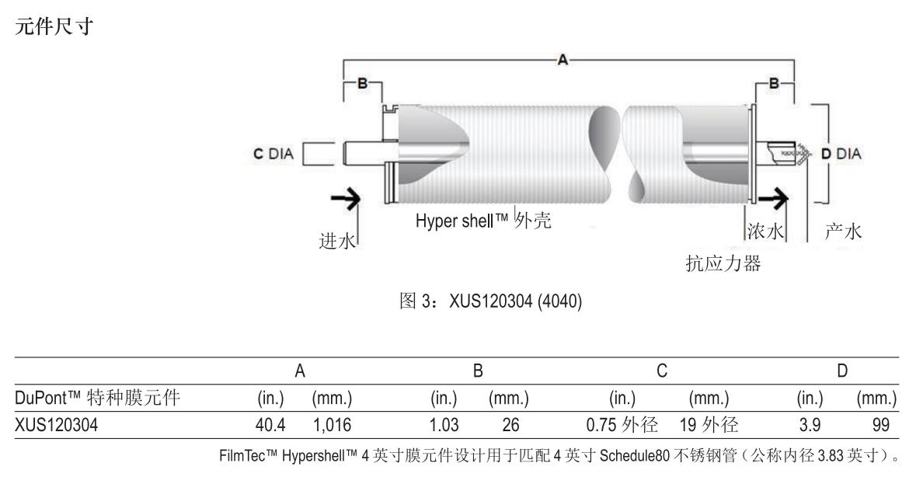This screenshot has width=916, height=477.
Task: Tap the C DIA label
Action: tap(271, 154)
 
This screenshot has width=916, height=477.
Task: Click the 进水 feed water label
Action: tap(336, 241)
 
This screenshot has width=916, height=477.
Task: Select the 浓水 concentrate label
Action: tap(764, 231)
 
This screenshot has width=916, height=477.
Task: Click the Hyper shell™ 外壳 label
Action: tap(482, 221)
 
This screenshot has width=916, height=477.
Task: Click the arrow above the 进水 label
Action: tap(347, 200)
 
